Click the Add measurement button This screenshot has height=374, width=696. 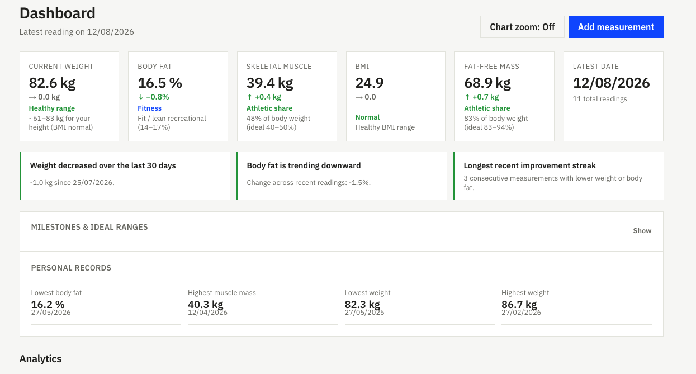tap(616, 27)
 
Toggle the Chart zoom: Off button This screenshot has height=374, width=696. tap(522, 27)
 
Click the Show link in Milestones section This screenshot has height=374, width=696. tap(642, 231)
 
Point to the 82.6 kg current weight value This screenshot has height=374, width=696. tap(52, 83)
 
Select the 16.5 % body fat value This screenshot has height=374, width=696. tap(160, 83)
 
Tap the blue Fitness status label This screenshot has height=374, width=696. tap(149, 108)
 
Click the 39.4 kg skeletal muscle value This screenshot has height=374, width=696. tap(269, 83)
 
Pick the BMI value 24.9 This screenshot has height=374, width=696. tap(370, 83)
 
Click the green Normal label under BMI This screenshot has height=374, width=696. tap(367, 117)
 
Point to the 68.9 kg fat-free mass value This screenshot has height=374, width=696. tap(487, 83)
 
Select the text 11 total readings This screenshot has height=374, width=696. tap(600, 99)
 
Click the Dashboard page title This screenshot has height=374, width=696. tap(58, 13)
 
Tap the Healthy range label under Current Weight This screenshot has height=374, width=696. tap(52, 108)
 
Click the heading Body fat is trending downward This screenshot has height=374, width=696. tap(304, 165)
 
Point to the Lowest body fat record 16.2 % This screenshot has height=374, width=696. tap(48, 304)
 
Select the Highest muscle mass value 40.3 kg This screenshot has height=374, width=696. tap(205, 304)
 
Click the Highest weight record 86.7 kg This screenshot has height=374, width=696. tap(519, 304)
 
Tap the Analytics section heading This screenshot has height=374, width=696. tap(40, 359)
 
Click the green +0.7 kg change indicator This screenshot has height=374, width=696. tap(481, 97)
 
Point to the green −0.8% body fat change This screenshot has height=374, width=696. tap(154, 97)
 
